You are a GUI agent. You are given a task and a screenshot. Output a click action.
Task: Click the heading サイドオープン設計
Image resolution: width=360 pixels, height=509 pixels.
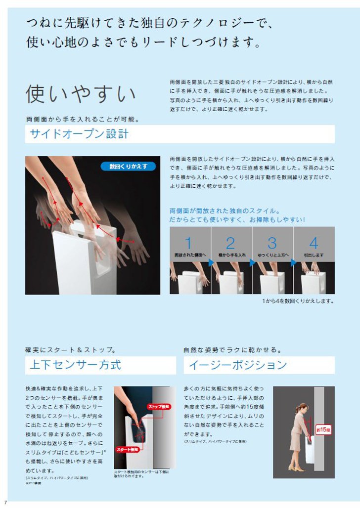79,134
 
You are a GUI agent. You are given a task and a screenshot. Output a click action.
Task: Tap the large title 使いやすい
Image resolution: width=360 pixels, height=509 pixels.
81,94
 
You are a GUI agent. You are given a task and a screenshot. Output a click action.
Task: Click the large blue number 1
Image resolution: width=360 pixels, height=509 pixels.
188,243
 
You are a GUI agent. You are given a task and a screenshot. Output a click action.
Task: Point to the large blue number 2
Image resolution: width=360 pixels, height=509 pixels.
230,243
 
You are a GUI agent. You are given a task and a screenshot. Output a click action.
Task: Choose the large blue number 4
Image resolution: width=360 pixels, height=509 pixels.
314,243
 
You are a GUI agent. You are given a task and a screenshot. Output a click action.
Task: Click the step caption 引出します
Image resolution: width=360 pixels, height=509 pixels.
314,255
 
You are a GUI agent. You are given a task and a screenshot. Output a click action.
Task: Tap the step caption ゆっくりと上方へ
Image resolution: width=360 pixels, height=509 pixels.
272,255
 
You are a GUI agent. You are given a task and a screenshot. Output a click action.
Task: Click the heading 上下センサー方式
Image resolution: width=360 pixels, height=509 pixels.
75,365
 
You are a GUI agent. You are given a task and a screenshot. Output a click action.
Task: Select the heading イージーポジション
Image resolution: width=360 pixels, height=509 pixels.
235,365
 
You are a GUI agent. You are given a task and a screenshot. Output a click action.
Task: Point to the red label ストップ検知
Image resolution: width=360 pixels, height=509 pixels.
158,407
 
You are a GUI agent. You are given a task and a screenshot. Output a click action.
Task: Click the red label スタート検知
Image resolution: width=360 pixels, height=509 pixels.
128,450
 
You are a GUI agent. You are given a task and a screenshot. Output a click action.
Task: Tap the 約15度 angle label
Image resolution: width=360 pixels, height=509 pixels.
323,429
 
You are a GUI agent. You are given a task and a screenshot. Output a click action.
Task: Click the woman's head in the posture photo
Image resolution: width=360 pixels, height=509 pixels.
301,409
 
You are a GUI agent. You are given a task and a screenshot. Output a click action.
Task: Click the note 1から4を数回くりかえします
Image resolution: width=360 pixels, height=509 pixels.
298,300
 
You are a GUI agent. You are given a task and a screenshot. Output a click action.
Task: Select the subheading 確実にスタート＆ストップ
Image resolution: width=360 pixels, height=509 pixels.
71,350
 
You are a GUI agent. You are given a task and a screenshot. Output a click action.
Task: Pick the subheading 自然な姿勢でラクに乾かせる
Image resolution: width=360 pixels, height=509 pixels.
232,350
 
